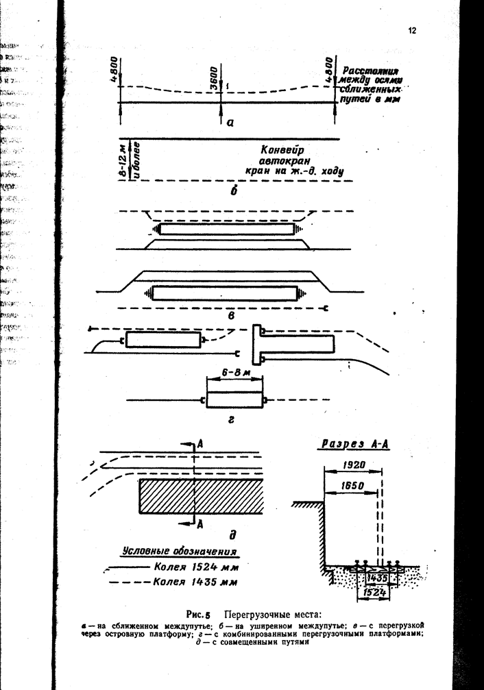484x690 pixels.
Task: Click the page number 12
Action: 411,30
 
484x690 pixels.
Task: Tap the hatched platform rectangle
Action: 201,496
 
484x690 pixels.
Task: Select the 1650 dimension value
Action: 352,486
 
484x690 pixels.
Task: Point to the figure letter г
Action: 230,423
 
